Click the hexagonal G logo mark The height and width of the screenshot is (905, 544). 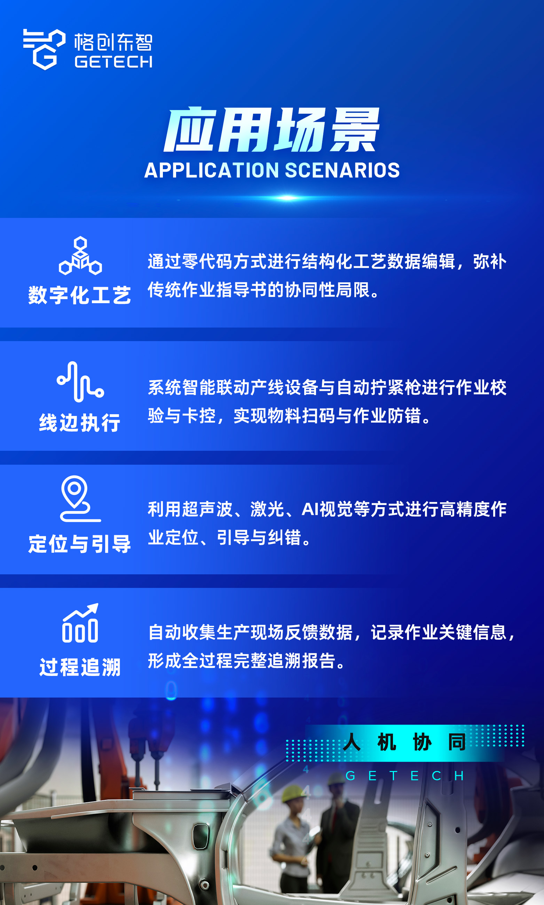coord(44,49)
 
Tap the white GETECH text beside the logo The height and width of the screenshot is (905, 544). coord(114,62)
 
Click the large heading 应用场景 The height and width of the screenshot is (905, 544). coord(271,130)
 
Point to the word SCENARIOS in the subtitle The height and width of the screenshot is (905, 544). coord(342,171)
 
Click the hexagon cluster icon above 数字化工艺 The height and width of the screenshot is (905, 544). coord(80,255)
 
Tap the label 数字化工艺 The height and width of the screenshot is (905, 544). coord(80,295)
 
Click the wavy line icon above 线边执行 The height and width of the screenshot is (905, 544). coord(80,381)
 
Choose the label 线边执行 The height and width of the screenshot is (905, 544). coord(80,423)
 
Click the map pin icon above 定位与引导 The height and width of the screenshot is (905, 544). coord(80,498)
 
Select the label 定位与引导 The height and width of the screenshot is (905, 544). coord(80,544)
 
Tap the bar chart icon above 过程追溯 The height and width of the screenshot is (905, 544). coord(80,623)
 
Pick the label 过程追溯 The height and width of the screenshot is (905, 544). coord(80,667)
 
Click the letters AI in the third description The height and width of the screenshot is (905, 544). coord(310,510)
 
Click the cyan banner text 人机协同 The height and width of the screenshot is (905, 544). coord(405,742)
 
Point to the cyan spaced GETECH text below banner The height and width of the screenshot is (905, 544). coord(405,776)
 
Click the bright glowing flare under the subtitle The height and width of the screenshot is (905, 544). coord(288,198)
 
